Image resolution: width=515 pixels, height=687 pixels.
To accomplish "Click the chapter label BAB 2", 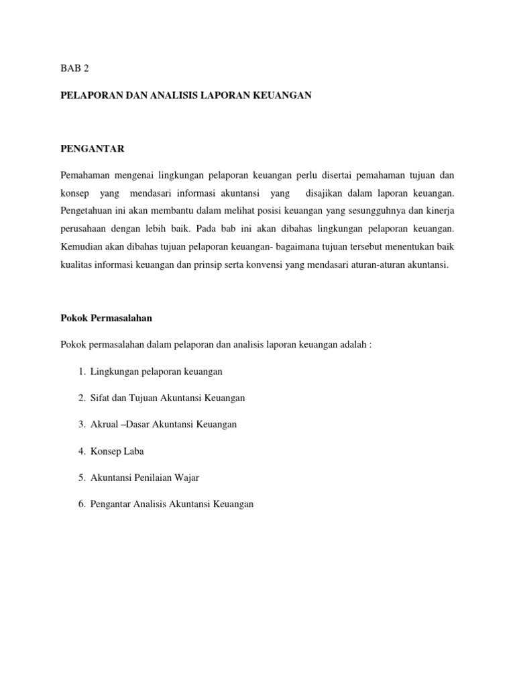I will tap(74, 69).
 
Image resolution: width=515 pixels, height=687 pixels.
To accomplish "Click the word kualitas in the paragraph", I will tap(76, 265).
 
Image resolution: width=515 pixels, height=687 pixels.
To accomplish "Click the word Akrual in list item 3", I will tap(104, 425).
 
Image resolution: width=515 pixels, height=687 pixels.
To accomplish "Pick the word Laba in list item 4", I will tap(133, 452).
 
